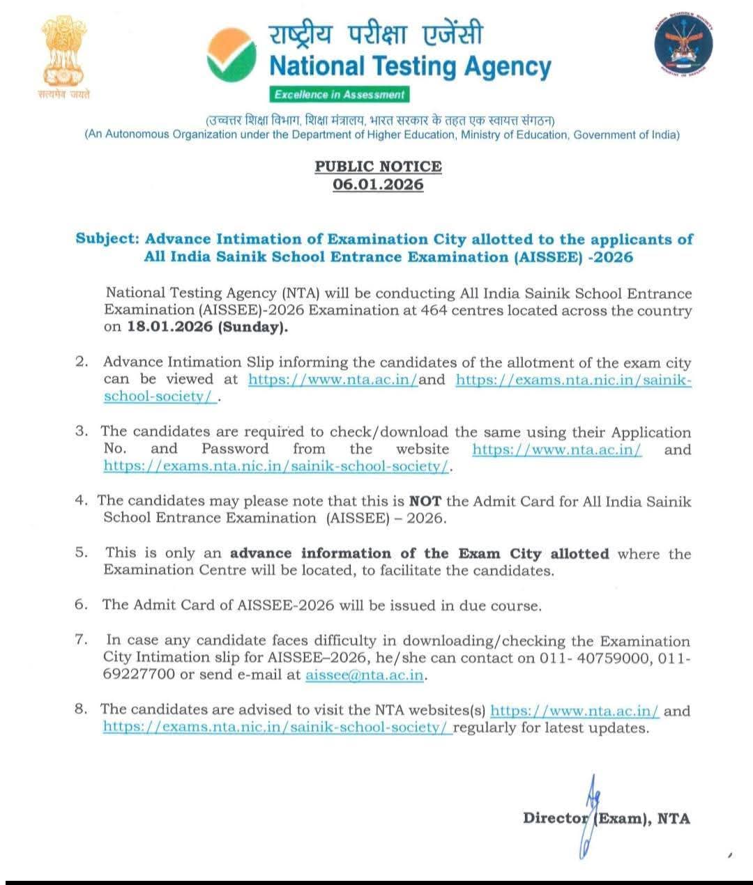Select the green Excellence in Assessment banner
[x=339, y=95]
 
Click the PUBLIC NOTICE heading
[x=378, y=167]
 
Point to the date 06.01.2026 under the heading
[x=378, y=185]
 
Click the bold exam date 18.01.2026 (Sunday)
[x=206, y=327]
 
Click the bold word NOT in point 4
[x=425, y=501]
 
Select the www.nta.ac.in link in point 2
[x=333, y=380]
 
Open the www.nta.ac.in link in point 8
[x=575, y=711]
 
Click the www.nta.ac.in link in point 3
[x=556, y=449]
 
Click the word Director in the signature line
[x=555, y=818]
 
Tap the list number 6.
[x=81, y=605]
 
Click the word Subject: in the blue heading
[x=107, y=239]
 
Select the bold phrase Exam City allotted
[x=533, y=554]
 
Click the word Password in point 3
[x=235, y=449]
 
